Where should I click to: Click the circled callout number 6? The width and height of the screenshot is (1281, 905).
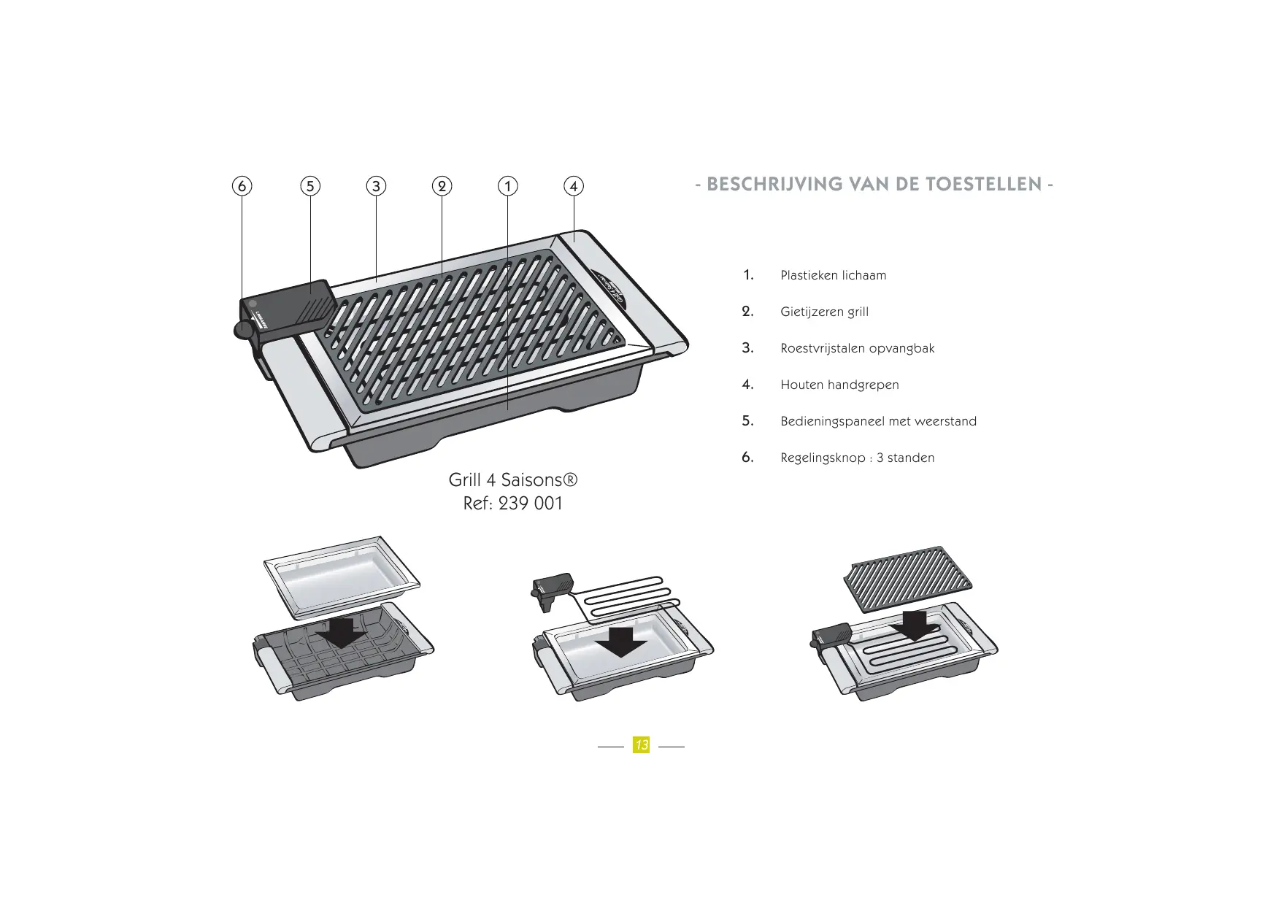(x=242, y=186)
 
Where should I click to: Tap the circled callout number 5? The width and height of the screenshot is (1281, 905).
(x=310, y=186)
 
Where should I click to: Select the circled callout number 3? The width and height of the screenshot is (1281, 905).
(x=376, y=186)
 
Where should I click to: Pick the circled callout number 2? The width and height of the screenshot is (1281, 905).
(x=442, y=186)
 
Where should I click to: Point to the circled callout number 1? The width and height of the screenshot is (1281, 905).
(x=507, y=186)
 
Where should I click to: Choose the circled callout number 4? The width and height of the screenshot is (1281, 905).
(x=574, y=186)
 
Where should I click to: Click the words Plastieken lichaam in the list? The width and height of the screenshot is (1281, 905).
(x=834, y=275)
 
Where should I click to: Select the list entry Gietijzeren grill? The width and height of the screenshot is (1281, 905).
(x=825, y=312)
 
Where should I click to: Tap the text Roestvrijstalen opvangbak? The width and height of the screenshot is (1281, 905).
(x=858, y=349)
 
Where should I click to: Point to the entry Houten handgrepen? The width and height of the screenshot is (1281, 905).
(x=840, y=385)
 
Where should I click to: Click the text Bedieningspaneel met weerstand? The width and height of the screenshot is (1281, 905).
(x=879, y=422)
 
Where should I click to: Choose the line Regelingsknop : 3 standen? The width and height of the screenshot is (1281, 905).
(x=858, y=458)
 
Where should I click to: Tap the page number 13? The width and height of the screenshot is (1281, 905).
(x=642, y=745)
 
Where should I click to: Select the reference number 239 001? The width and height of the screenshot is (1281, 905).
(x=531, y=504)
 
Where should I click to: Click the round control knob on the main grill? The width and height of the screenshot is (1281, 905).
(x=243, y=331)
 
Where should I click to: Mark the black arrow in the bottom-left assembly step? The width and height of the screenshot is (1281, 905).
(x=342, y=632)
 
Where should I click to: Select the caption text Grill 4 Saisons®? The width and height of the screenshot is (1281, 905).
(x=513, y=480)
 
